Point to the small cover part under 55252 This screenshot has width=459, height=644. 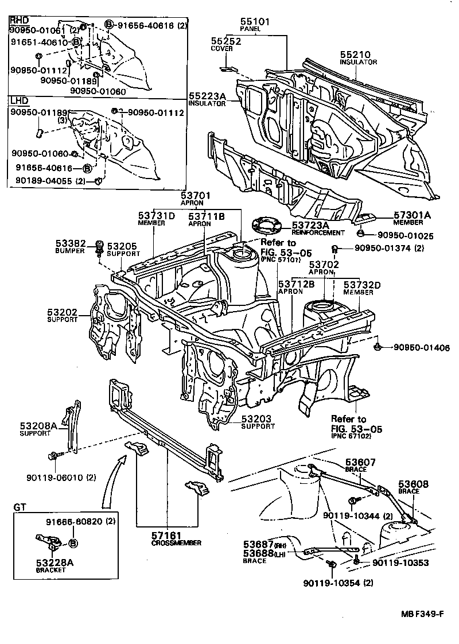click(228, 69)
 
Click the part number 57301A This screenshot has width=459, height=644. click(411, 215)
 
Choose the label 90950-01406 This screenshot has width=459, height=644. click(422, 348)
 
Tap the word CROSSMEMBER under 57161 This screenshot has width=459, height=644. click(176, 542)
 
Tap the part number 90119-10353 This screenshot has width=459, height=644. click(400, 562)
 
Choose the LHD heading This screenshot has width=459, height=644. click(18, 100)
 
